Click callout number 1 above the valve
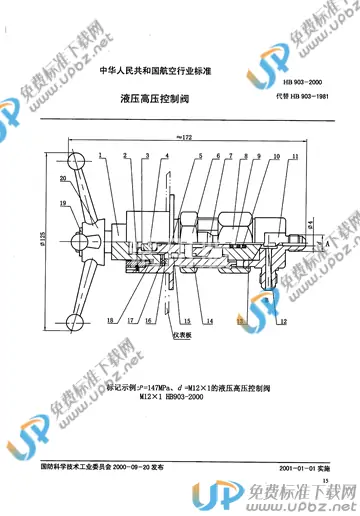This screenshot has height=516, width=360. click(101, 158)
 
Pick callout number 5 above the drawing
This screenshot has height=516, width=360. click(200, 158)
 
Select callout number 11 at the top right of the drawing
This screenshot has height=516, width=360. click(295, 158)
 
